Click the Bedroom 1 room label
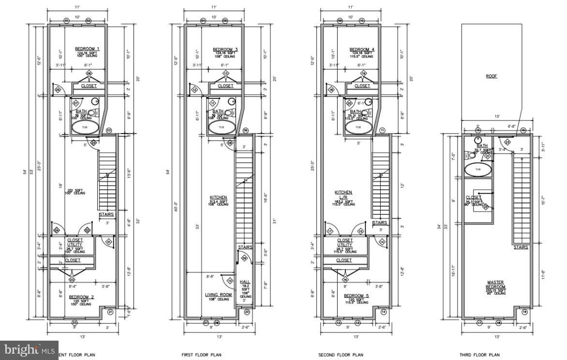[87, 49]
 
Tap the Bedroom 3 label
[225, 49]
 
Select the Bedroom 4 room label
[362, 49]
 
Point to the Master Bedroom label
[496, 285]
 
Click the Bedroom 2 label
[81, 296]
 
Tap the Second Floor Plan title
[341, 355]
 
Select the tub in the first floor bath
[221, 128]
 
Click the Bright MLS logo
[29, 349]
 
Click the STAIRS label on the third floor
[521, 247]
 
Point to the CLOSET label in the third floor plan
[473, 197]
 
